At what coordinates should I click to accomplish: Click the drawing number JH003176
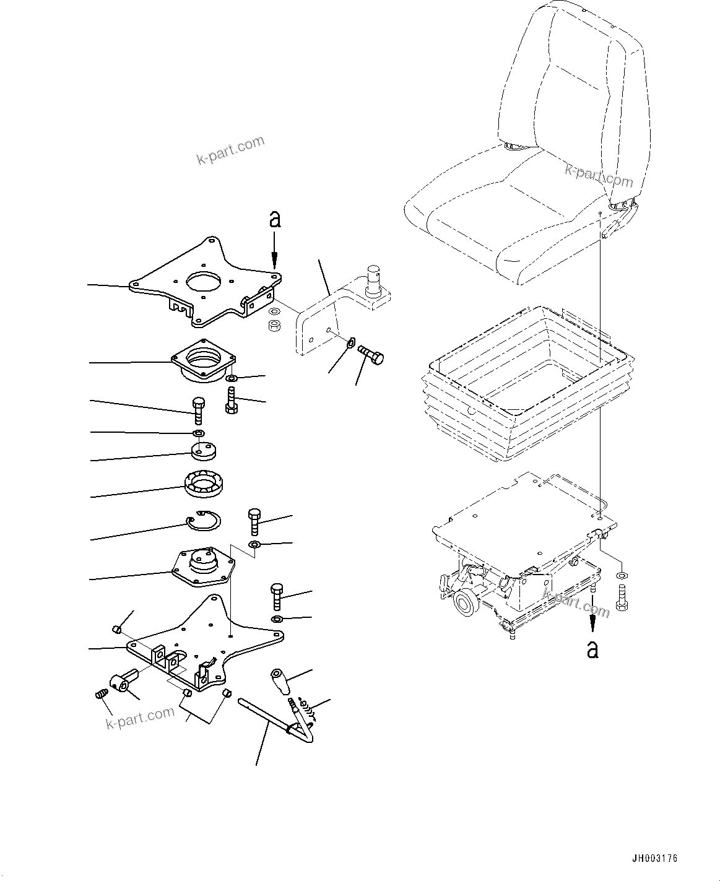point(654,859)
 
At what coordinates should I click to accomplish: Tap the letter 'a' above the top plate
point(275,219)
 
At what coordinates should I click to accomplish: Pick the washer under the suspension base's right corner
point(623,575)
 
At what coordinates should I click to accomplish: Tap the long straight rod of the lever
point(263,715)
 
